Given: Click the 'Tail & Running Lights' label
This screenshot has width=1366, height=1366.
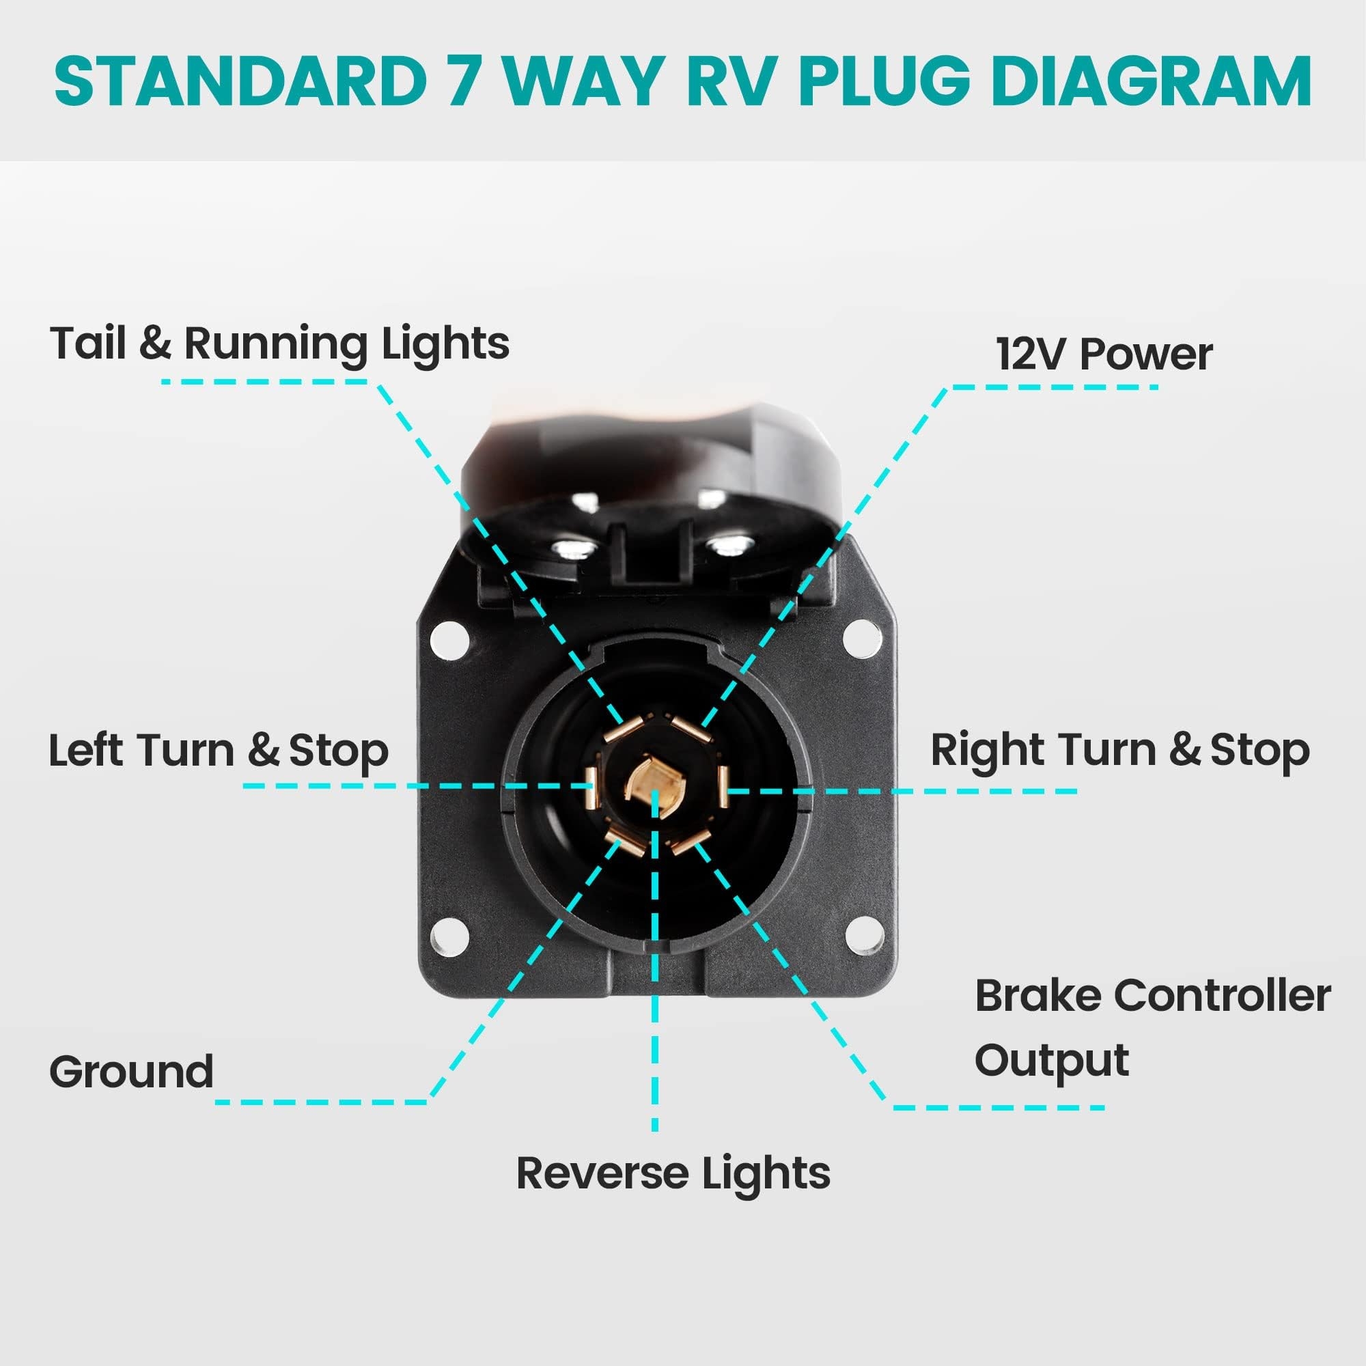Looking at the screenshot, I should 279,344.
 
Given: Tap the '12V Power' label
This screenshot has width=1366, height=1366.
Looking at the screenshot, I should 1104,354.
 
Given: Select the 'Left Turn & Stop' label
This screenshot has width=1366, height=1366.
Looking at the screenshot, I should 219,750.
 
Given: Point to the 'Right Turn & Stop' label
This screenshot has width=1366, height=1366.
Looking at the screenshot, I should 1120,750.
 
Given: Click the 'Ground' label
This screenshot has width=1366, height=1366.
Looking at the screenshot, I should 132,1071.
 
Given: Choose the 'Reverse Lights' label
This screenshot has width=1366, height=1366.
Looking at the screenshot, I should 673,1173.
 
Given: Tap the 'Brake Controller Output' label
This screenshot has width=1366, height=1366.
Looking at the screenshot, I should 1152,1028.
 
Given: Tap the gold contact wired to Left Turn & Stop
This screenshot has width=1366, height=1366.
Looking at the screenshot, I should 589,787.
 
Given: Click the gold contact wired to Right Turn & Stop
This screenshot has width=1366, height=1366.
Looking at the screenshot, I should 722,787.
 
